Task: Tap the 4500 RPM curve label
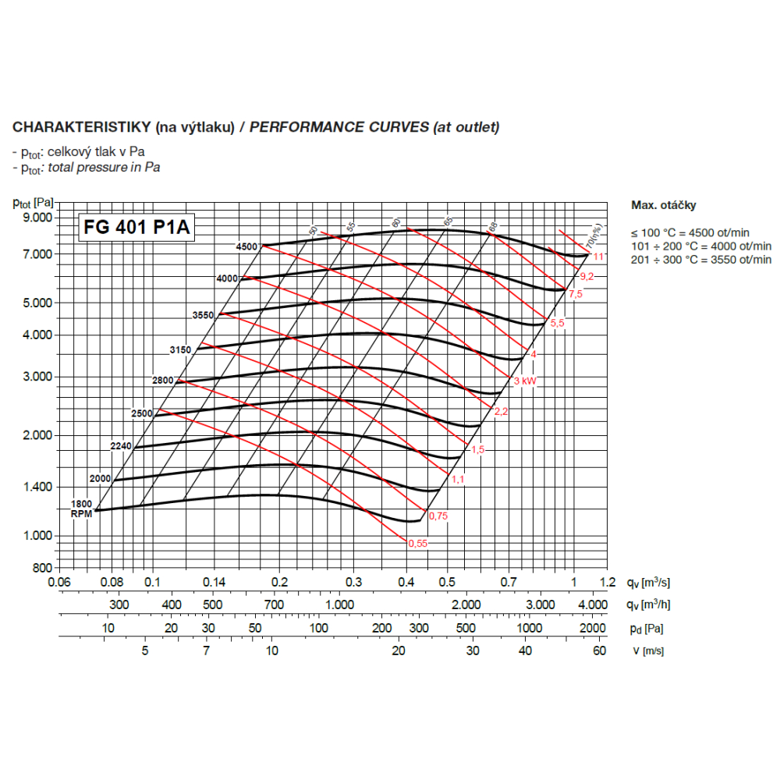click(x=246, y=246)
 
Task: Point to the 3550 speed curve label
click(x=203, y=315)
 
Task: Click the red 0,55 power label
click(x=417, y=544)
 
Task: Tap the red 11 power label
click(x=598, y=257)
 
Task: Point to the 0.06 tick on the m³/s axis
click(x=59, y=582)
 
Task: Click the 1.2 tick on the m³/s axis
click(x=608, y=582)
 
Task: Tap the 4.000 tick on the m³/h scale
click(x=592, y=604)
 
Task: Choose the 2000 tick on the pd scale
click(x=593, y=628)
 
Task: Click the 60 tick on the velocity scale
click(x=599, y=651)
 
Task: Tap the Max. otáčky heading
click(x=663, y=205)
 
